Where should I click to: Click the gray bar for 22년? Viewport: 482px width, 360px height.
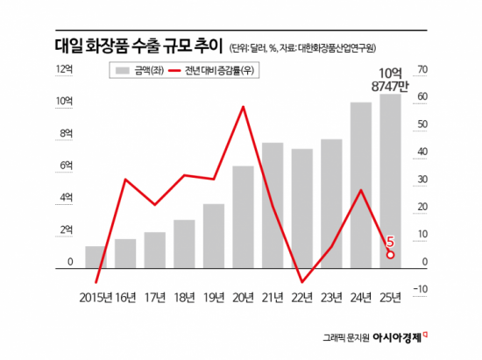tap(301, 207)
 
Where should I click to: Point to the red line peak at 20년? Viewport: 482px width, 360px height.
tap(243, 106)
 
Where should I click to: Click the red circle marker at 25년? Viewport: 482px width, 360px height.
tap(391, 255)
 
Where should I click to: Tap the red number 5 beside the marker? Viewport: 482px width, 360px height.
tap(390, 240)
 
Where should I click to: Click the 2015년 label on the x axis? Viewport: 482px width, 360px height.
tap(96, 299)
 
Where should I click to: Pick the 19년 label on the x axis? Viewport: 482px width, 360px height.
tap(214, 299)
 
